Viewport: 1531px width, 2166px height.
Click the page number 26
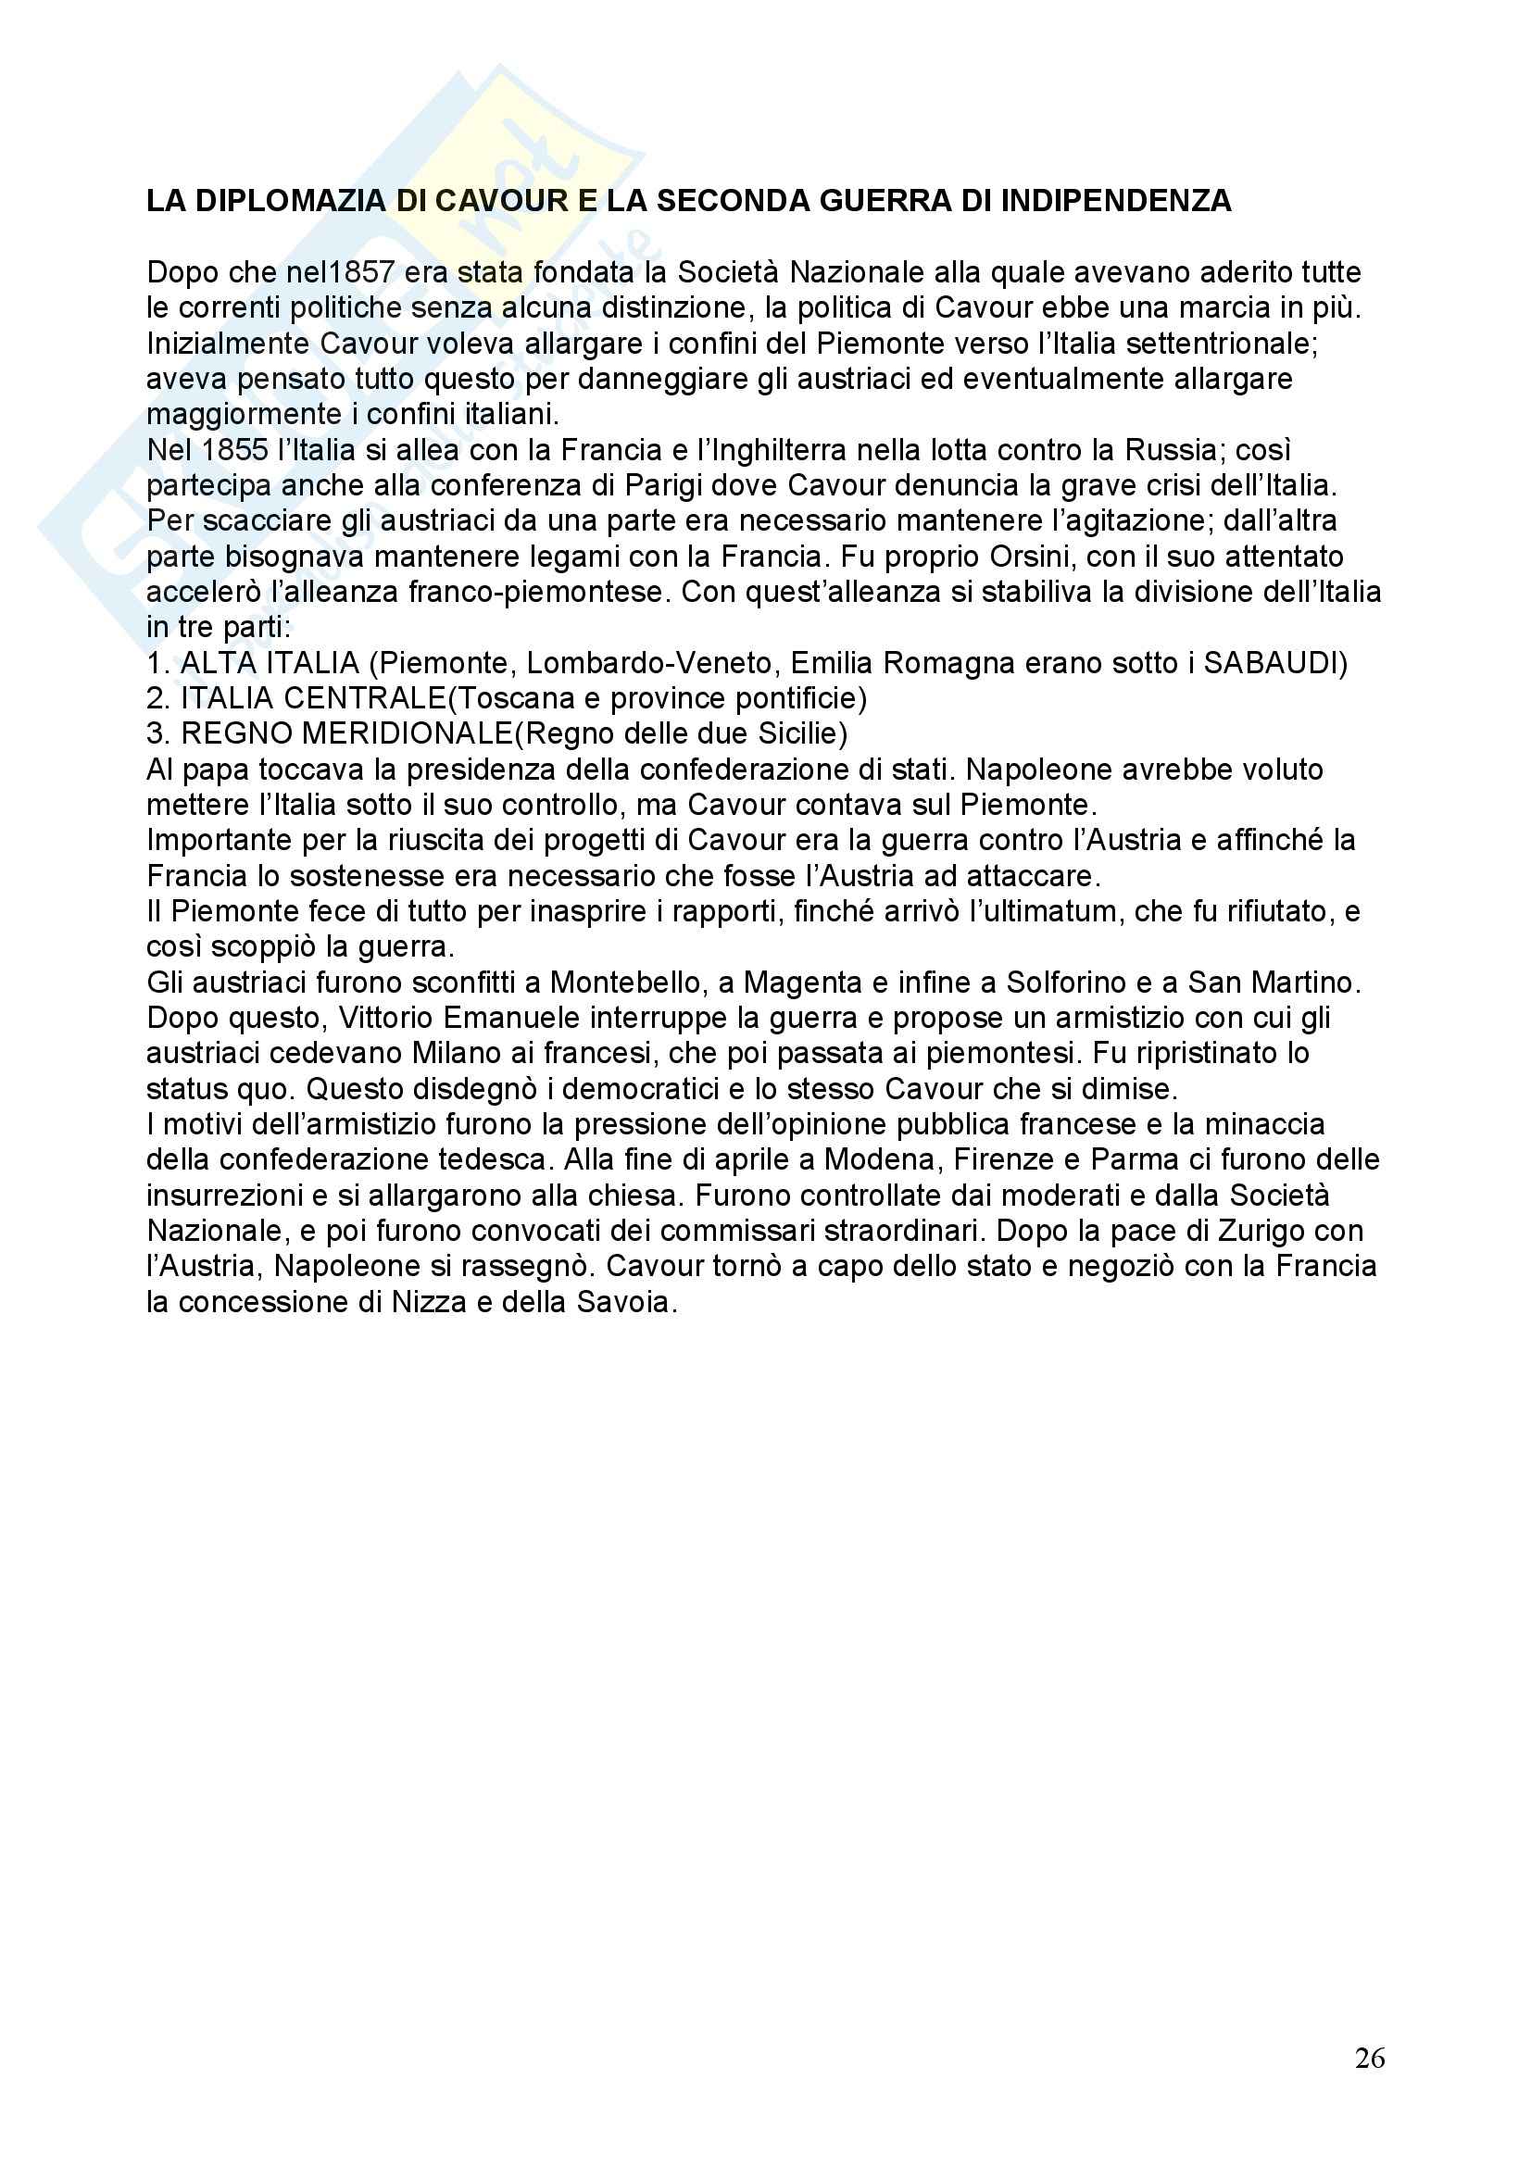[1370, 2057]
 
